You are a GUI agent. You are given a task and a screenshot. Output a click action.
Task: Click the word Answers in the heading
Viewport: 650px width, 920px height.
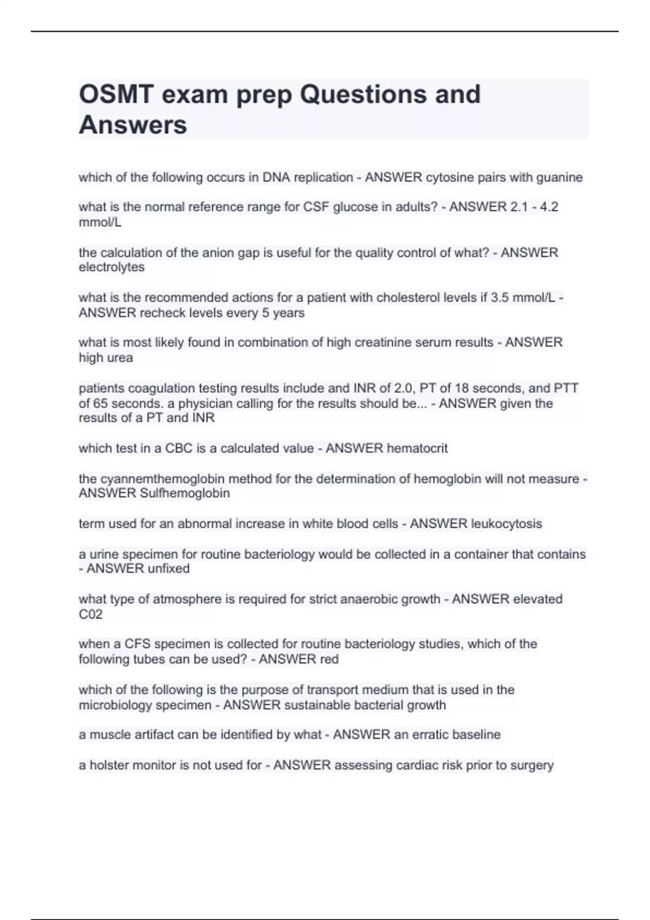pos(133,125)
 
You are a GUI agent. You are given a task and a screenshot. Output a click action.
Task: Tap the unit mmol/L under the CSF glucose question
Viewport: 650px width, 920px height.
pos(100,222)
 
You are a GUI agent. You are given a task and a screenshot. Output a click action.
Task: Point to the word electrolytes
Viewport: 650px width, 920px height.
pos(112,267)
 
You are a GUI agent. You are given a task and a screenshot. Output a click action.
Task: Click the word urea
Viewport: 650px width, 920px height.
pos(121,358)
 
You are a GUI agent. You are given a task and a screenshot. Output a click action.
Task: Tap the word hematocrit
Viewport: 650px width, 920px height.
pos(414,448)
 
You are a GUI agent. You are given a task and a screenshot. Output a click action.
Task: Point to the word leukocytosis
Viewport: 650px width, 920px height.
pos(506,524)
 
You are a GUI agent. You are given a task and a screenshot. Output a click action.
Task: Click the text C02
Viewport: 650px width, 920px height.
pos(90,615)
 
